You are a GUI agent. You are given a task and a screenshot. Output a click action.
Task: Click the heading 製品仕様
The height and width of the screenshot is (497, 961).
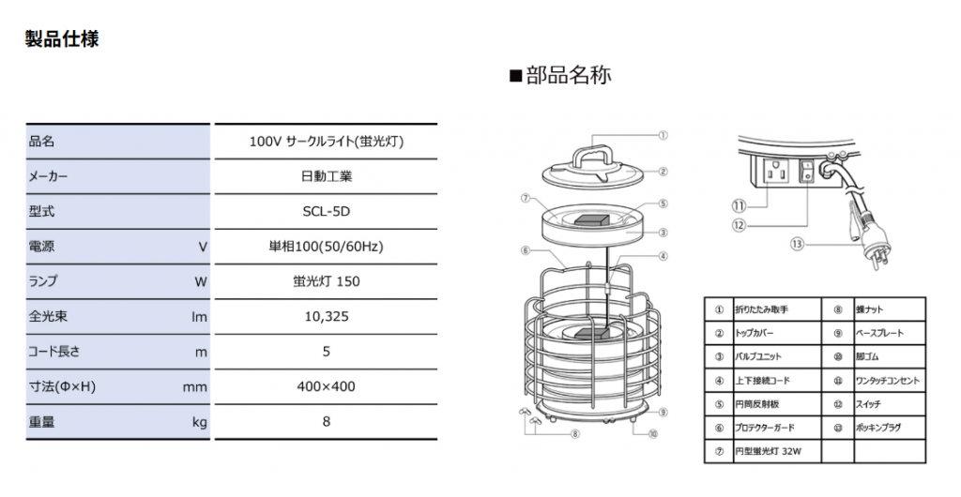tap(62, 39)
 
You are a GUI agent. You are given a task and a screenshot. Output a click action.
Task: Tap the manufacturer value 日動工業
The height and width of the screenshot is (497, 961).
tap(326, 176)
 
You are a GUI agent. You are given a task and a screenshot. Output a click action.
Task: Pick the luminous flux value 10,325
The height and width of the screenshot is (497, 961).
tap(326, 317)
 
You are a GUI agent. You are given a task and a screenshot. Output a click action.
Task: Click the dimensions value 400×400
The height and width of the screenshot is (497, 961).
tap(326, 386)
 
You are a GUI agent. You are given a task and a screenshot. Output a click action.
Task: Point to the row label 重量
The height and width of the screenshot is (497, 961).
tap(42, 422)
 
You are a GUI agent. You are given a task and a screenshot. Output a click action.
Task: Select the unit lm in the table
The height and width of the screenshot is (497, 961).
tap(199, 317)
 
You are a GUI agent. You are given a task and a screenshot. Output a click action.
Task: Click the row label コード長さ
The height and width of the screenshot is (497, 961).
tap(55, 352)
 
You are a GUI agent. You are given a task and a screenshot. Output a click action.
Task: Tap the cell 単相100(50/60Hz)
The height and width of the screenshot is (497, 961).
tap(326, 247)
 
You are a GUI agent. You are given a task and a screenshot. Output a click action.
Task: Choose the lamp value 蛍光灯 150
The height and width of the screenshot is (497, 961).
tap(326, 281)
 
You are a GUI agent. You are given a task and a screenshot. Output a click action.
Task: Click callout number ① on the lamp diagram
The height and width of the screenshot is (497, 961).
tap(663, 135)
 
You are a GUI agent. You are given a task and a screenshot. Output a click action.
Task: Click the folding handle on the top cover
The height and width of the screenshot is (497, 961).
tap(593, 152)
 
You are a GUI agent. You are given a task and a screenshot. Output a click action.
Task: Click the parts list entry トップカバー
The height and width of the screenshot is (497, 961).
tap(755, 333)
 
